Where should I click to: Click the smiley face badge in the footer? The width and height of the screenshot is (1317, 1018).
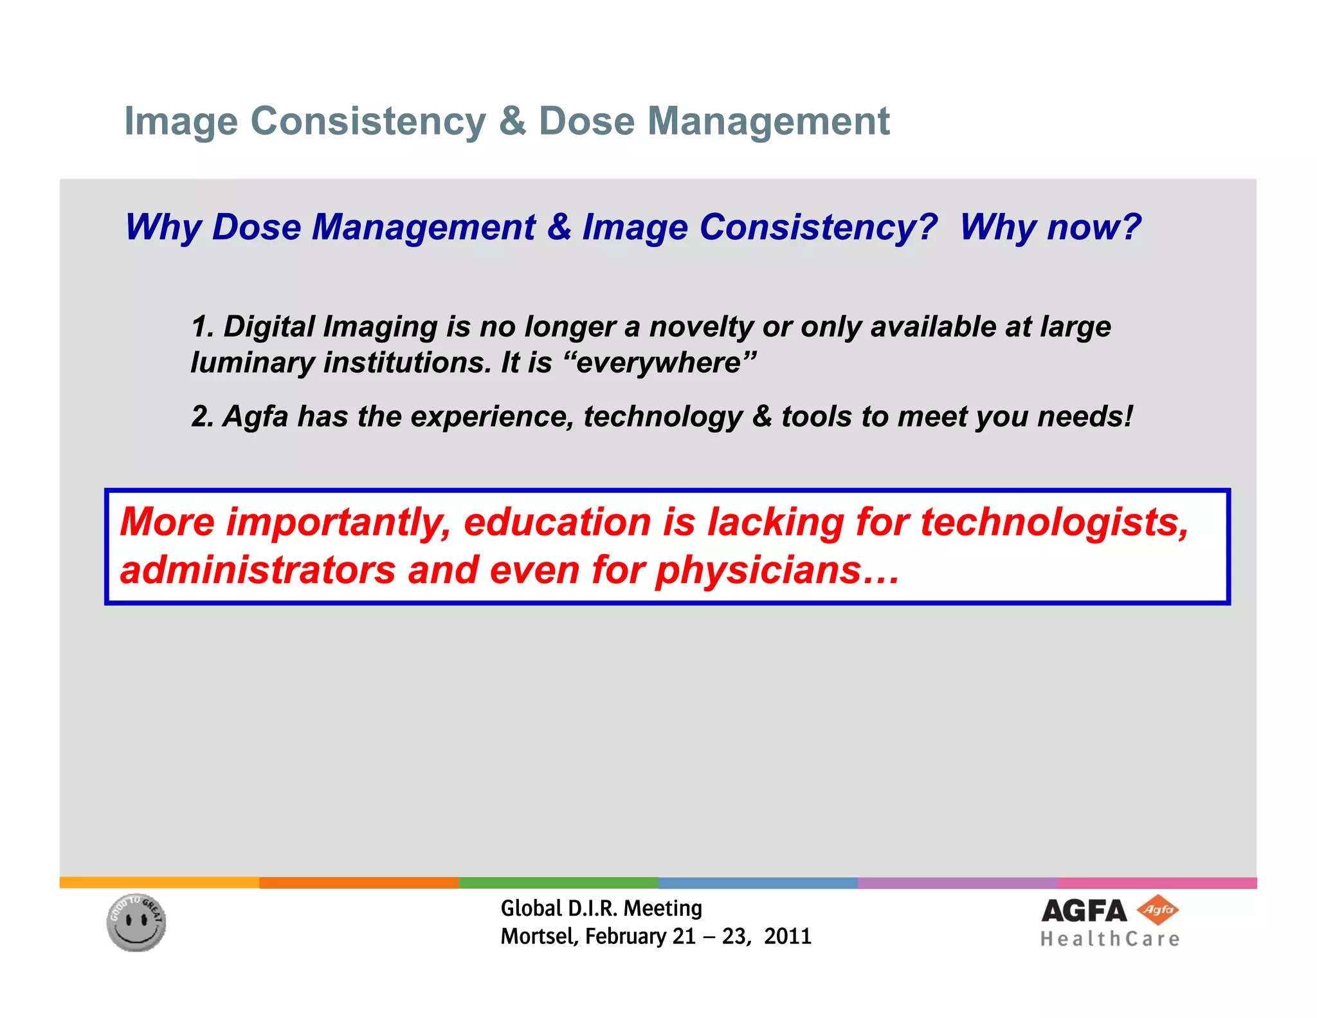coord(136,923)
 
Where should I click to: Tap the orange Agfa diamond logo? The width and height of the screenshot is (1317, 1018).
coord(1158,910)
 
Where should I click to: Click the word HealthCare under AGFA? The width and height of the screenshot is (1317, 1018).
coord(1110,939)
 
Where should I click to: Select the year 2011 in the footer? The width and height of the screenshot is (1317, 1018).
coord(788,936)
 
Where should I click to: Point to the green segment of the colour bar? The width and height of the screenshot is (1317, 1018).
coord(558,883)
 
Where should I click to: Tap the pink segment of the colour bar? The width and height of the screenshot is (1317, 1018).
coord(1156,883)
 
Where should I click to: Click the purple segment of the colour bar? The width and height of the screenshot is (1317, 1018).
coord(957,883)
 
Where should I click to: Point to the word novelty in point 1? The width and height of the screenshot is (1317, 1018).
coord(700,326)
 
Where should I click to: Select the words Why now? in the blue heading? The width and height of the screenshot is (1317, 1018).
coord(1049,227)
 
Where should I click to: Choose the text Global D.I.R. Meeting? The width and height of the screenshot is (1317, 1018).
coord(601,908)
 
